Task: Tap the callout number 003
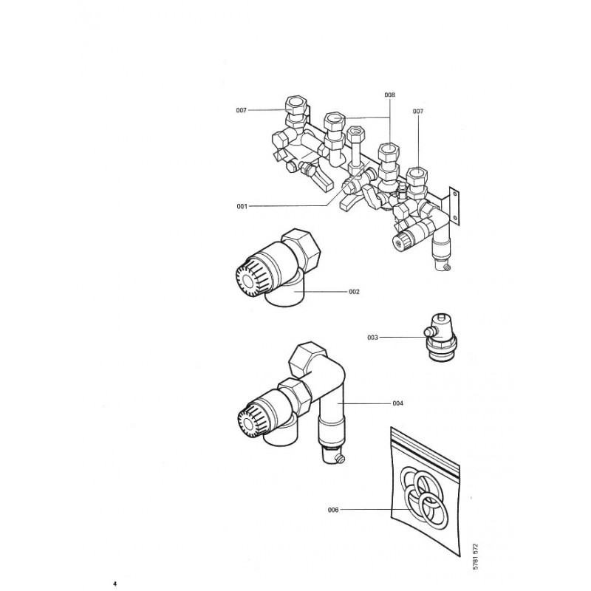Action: click(372, 338)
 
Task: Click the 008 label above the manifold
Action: click(389, 95)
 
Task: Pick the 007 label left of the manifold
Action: click(241, 110)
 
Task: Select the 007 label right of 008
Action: click(418, 111)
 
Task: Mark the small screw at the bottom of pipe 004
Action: click(340, 461)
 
